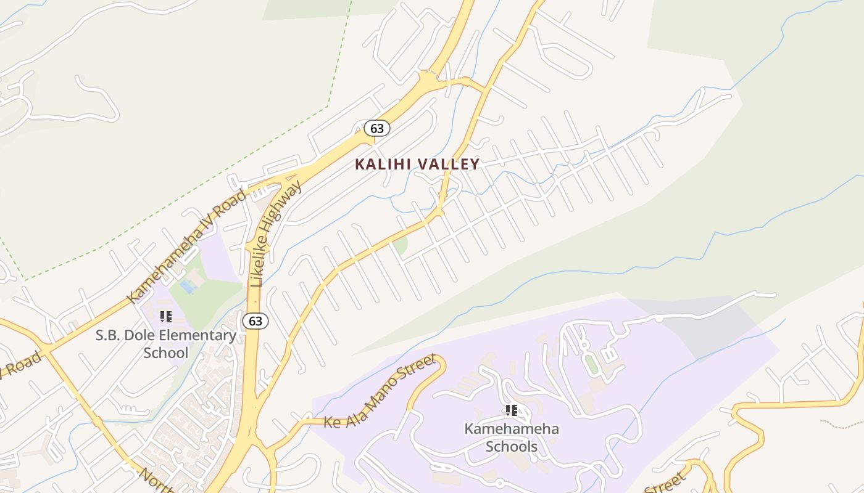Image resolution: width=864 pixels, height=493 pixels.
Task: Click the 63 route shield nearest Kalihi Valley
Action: click(376, 128)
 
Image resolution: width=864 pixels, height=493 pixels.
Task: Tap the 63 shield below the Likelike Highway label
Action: click(255, 320)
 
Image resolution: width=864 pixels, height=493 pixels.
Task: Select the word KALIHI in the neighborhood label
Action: click(383, 164)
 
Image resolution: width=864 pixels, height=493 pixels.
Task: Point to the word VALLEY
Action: click(449, 164)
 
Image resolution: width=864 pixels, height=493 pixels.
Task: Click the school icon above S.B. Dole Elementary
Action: click(165, 317)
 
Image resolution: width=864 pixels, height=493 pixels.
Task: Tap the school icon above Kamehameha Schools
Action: click(511, 410)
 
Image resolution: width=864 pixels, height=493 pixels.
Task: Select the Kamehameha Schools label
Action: click(511, 438)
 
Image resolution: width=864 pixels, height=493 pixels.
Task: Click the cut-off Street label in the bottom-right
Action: click(665, 483)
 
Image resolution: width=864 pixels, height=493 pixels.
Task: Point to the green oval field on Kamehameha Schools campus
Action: click(591, 365)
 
